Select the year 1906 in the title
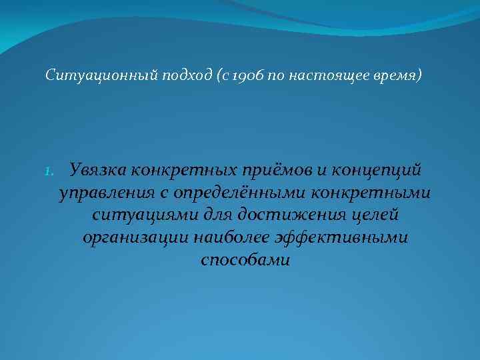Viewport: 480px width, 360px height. click(247, 75)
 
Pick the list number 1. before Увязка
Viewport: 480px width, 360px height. click(51, 171)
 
